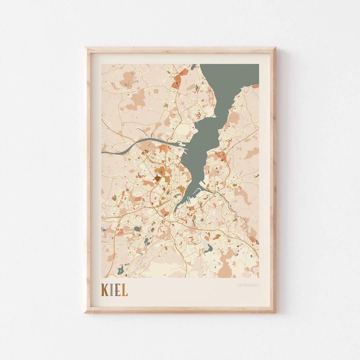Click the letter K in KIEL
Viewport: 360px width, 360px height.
[x=105, y=290]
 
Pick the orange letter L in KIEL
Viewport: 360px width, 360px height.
[x=124, y=290]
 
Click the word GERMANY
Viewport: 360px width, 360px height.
[x=248, y=285]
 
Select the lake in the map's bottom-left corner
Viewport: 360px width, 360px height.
[x=121, y=269]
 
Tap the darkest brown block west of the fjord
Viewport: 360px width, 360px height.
[x=157, y=179]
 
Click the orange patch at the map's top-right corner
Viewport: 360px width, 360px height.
[x=255, y=86]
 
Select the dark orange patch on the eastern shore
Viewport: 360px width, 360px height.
[x=221, y=154]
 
